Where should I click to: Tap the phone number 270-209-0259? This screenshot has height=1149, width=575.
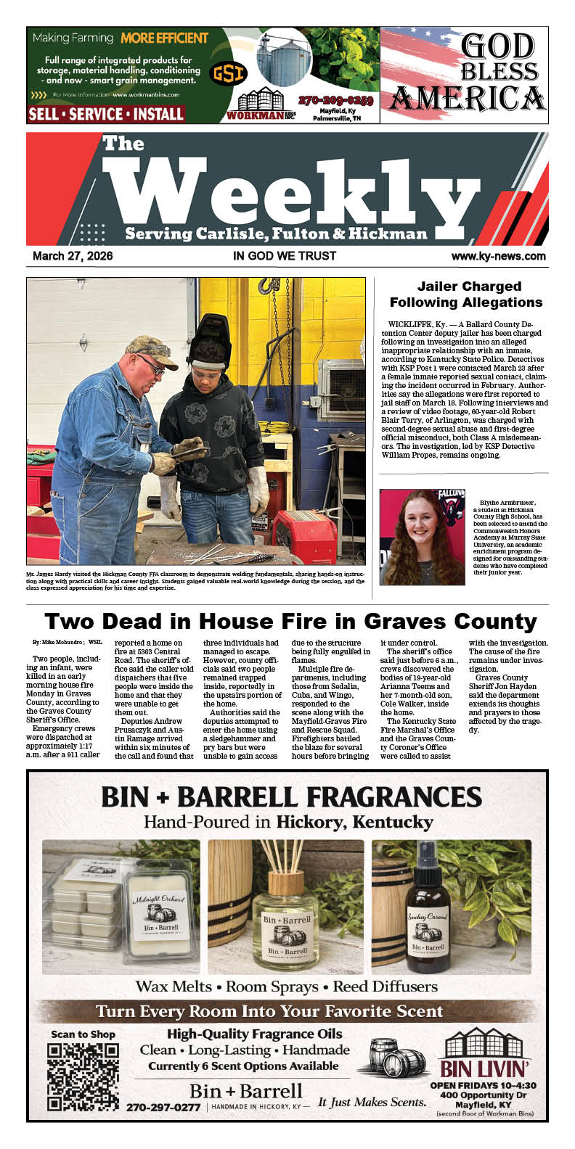[x=335, y=100]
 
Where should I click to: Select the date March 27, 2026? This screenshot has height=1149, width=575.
[x=73, y=256]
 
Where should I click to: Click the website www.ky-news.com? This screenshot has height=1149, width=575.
[x=498, y=256]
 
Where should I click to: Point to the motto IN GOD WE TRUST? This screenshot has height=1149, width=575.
[x=285, y=256]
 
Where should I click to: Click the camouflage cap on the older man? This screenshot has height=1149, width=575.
[x=151, y=351]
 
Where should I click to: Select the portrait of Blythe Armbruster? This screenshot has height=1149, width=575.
[x=422, y=537]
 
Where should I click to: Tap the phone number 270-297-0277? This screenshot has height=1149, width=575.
[x=163, y=1108]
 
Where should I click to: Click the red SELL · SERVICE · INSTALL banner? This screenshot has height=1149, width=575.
[x=106, y=114]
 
